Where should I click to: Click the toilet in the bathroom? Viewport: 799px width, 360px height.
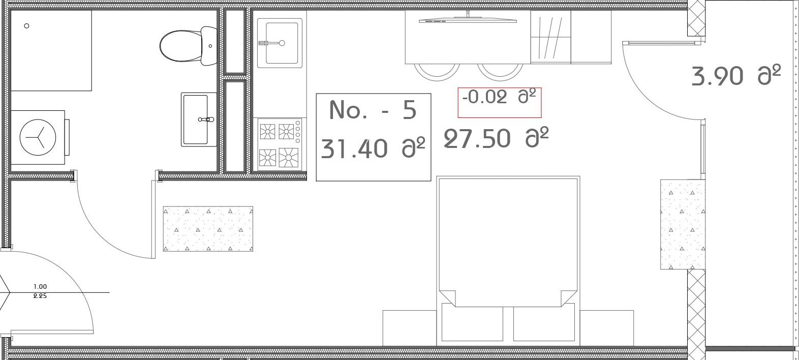(189, 46)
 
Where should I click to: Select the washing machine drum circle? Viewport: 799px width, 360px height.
(38, 137)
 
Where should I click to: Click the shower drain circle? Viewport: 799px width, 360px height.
(26, 26)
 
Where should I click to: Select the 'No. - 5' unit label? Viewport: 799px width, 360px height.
(373, 110)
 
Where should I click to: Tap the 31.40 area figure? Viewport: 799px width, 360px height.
(354, 149)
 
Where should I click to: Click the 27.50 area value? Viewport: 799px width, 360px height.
(477, 139)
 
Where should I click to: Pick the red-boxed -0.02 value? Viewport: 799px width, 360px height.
(485, 97)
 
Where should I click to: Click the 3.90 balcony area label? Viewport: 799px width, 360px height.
(717, 76)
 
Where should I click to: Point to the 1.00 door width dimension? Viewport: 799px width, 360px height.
(40, 286)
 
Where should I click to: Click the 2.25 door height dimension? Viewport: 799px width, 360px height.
(40, 296)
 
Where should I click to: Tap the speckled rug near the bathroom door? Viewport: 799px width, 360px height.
(208, 229)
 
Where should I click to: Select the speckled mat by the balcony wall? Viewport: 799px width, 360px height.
(683, 224)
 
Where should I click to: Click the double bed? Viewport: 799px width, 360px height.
(508, 261)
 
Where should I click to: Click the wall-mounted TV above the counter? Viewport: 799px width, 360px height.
(468, 19)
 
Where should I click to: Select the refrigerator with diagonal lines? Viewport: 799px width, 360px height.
(551, 37)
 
